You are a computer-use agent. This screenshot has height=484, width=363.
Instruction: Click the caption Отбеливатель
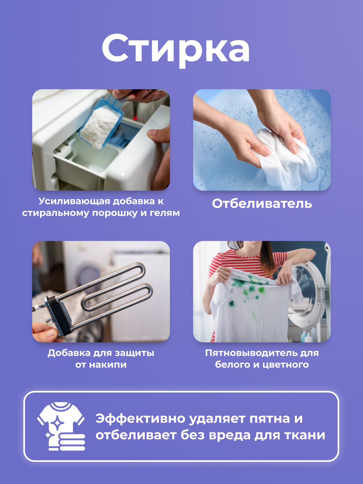(x=262, y=204)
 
